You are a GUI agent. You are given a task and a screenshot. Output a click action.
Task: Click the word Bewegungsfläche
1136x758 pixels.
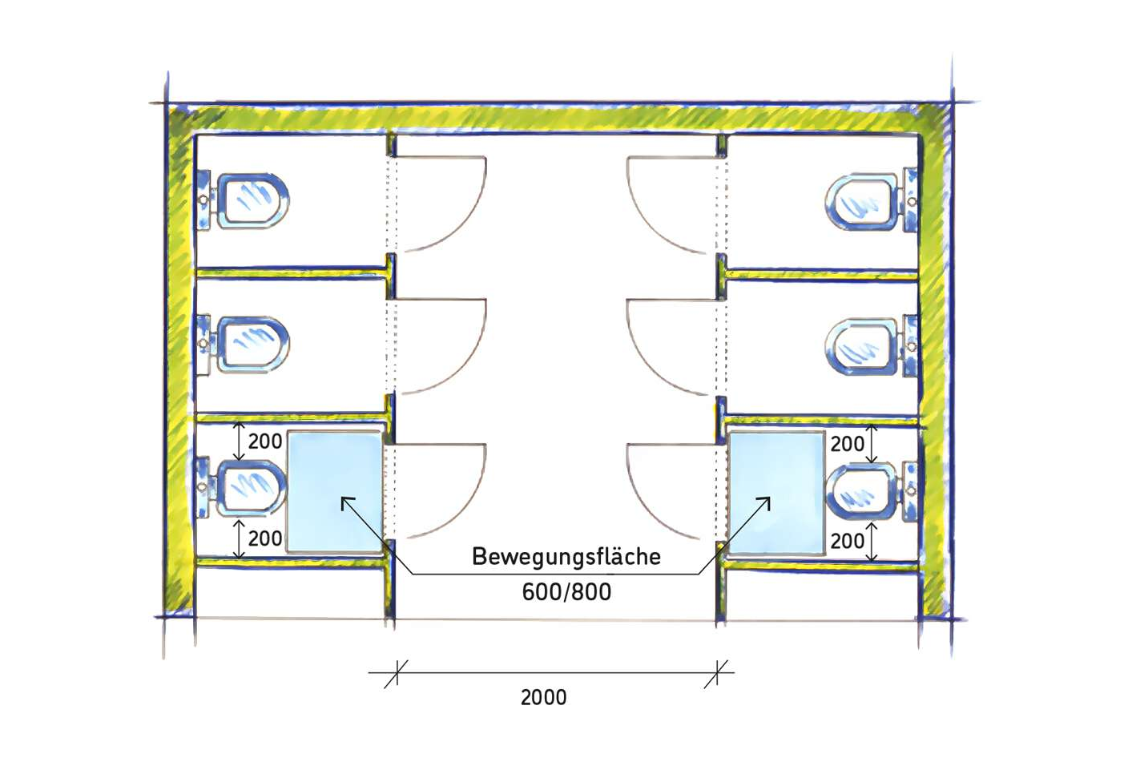[x=566, y=557]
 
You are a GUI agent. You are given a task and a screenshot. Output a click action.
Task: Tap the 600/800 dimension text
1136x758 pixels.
[x=566, y=592]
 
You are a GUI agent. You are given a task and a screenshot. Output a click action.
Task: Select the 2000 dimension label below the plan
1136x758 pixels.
[x=544, y=698]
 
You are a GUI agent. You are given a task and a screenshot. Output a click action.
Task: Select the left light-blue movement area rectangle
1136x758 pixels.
[x=335, y=492]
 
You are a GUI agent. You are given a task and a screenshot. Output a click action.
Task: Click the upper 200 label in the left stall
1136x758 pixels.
[x=264, y=441]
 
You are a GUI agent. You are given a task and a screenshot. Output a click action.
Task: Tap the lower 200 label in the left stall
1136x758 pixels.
[x=264, y=538]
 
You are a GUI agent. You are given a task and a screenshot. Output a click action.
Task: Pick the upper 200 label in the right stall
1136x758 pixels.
[x=848, y=444]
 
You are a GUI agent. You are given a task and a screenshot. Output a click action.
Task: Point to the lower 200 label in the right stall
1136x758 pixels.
[x=848, y=541]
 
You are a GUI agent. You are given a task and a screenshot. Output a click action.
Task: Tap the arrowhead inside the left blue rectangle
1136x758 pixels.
[x=346, y=503]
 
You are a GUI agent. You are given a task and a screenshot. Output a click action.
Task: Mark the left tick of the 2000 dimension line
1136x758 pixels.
[x=397, y=674]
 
